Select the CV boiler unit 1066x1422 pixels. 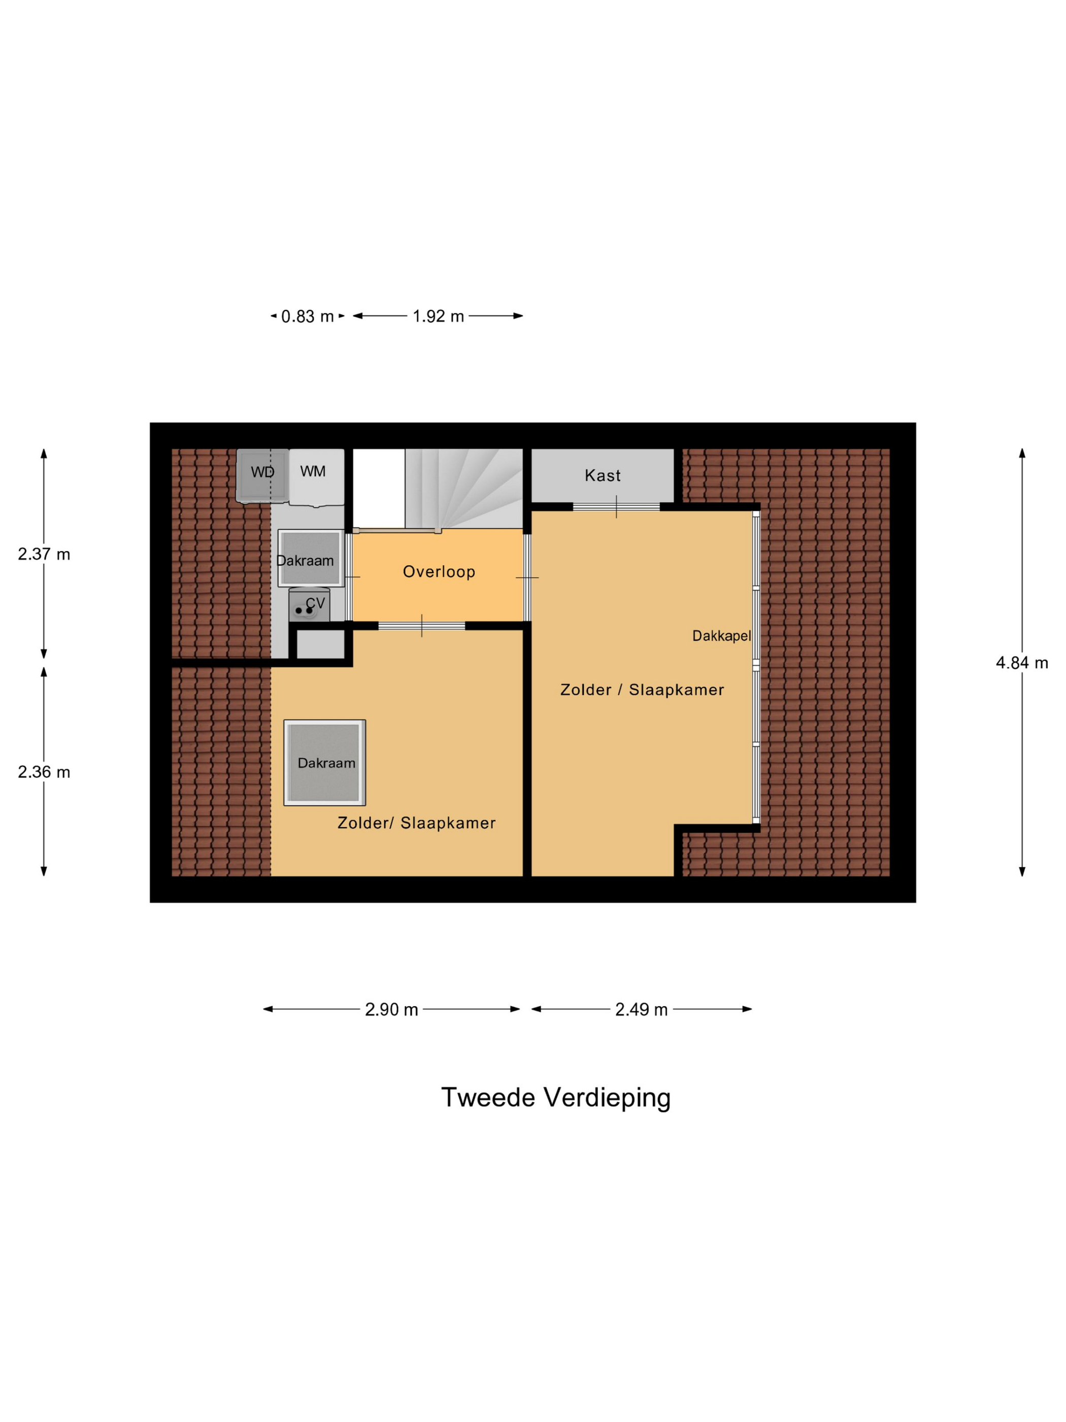tap(309, 605)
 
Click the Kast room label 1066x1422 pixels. tap(602, 476)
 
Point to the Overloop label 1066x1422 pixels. tap(439, 571)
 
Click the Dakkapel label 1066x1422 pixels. tap(721, 636)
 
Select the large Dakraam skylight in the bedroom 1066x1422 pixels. tap(324, 762)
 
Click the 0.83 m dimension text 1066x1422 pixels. tap(307, 316)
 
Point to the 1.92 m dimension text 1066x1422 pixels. tap(438, 316)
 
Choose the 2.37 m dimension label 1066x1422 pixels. tap(44, 554)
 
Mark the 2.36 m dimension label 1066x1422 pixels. tap(44, 772)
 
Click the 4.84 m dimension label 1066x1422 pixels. tap(1021, 663)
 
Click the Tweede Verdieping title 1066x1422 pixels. tap(555, 1098)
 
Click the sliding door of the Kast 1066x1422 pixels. tap(616, 506)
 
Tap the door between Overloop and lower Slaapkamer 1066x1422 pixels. tap(421, 626)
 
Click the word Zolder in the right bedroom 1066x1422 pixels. tap(585, 690)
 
